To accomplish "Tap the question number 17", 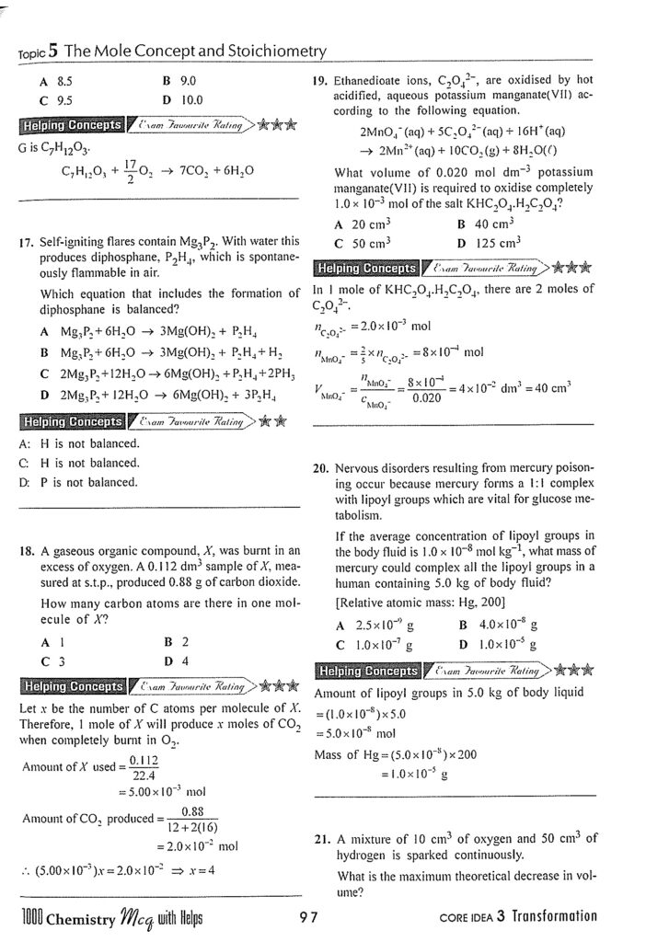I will click(x=26, y=243).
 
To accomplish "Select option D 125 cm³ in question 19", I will click(x=489, y=243).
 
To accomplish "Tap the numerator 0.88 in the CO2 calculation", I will click(x=192, y=810).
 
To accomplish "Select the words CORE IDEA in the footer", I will click(x=469, y=917).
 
